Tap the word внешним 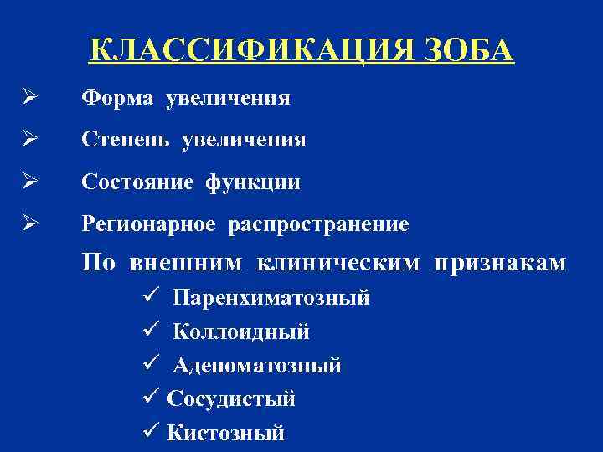click(x=187, y=263)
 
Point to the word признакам click(x=500, y=263)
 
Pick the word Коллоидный click(x=241, y=332)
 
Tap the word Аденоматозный click(x=257, y=366)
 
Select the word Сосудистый click(x=231, y=399)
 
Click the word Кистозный click(x=225, y=433)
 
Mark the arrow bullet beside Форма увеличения click(x=28, y=99)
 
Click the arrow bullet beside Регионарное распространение click(x=28, y=223)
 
